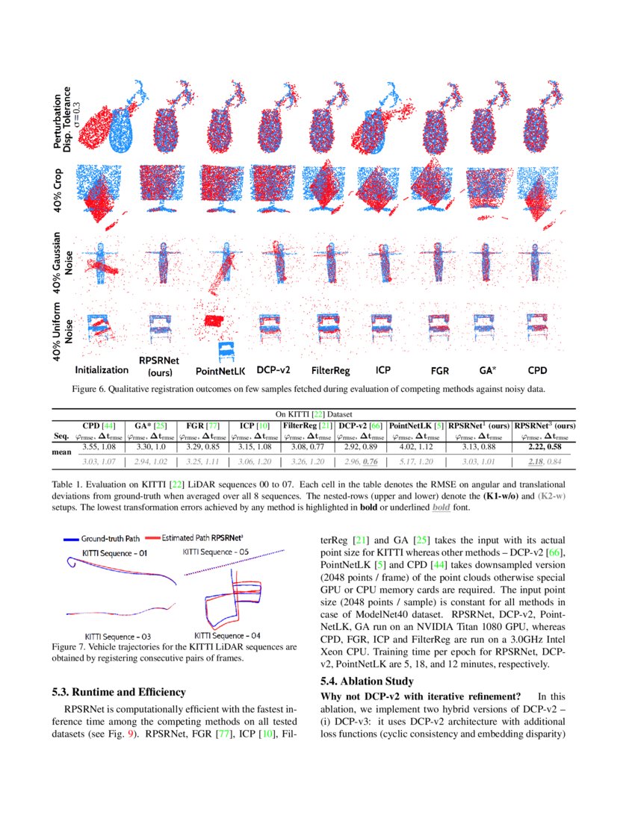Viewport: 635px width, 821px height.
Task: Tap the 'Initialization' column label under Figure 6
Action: [x=102, y=369]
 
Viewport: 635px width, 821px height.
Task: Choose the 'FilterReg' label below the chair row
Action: [x=330, y=369]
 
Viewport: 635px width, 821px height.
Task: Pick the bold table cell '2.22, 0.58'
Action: [x=544, y=447]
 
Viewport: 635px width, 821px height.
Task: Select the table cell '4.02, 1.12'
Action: [x=415, y=447]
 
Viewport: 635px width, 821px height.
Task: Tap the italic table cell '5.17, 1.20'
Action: [x=415, y=462]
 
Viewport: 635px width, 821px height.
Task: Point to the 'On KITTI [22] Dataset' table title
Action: [x=313, y=414]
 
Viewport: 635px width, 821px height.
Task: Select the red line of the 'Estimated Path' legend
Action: [x=153, y=537]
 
